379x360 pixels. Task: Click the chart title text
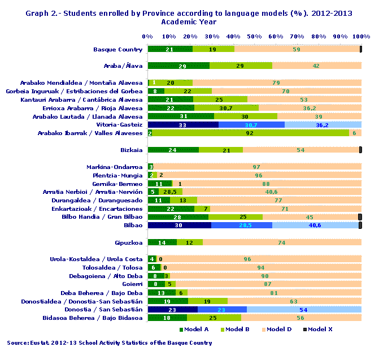pos(189,17)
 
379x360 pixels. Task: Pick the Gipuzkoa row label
pos(128,242)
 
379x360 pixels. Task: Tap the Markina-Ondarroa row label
pos(115,167)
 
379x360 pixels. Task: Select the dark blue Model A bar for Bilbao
pos(179,225)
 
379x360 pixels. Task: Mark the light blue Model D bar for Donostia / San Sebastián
pos(304,310)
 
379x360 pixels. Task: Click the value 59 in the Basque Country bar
pos(297,49)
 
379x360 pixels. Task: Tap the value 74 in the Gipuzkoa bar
pos(281,242)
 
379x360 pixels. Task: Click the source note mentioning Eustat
pos(110,342)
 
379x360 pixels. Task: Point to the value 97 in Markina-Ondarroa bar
pos(256,167)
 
